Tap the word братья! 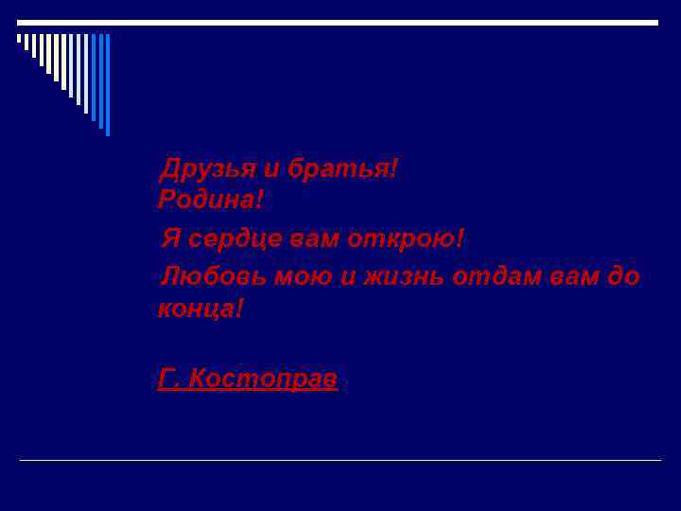point(343,169)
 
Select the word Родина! point(211,200)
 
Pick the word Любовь point(213,277)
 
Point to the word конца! point(201,308)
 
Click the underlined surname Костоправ point(263,379)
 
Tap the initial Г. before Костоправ point(168,379)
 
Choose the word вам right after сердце point(315,239)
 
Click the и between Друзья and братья point(271,170)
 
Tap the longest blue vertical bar point(108,85)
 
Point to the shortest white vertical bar point(19,39)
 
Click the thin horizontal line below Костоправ point(340,460)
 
